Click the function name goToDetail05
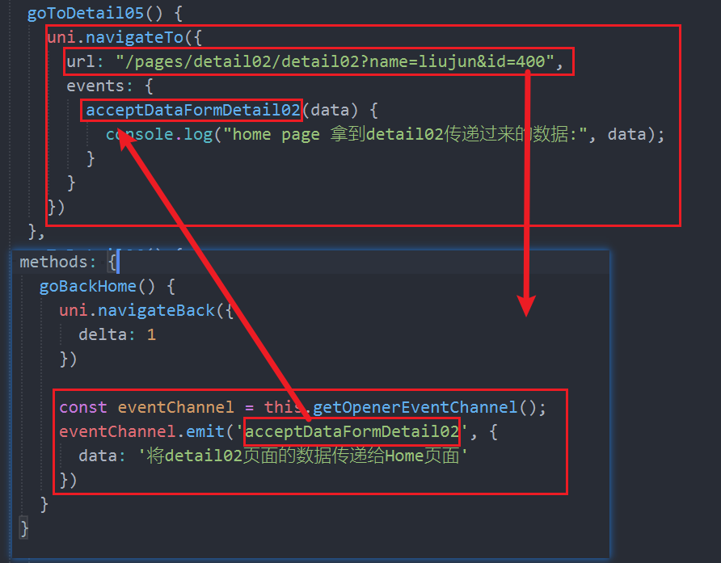tap(86, 13)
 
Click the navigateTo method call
tap(135, 37)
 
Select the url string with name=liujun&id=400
tap(335, 61)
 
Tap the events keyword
tap(95, 86)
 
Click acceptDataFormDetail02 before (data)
tap(193, 111)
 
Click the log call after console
tap(198, 134)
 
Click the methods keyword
tap(53, 262)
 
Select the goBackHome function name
tap(88, 286)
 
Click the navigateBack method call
tap(156, 311)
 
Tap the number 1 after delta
tap(151, 334)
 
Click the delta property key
tap(103, 334)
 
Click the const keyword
tap(82, 407)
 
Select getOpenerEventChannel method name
tap(415, 408)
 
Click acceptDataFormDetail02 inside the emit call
tap(352, 431)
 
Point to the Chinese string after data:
tap(303, 456)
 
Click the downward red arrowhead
tap(526, 305)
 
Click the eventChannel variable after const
tap(175, 407)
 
